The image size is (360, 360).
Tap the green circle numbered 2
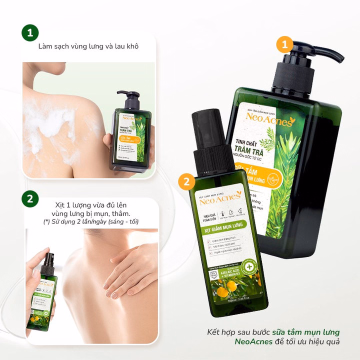pos(30,198)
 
